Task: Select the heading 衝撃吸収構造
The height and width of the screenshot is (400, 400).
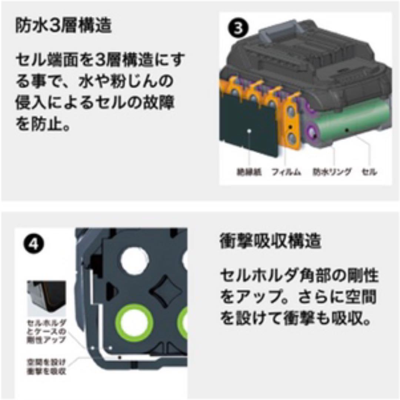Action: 270,242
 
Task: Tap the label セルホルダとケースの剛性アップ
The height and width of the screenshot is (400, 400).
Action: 47,331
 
